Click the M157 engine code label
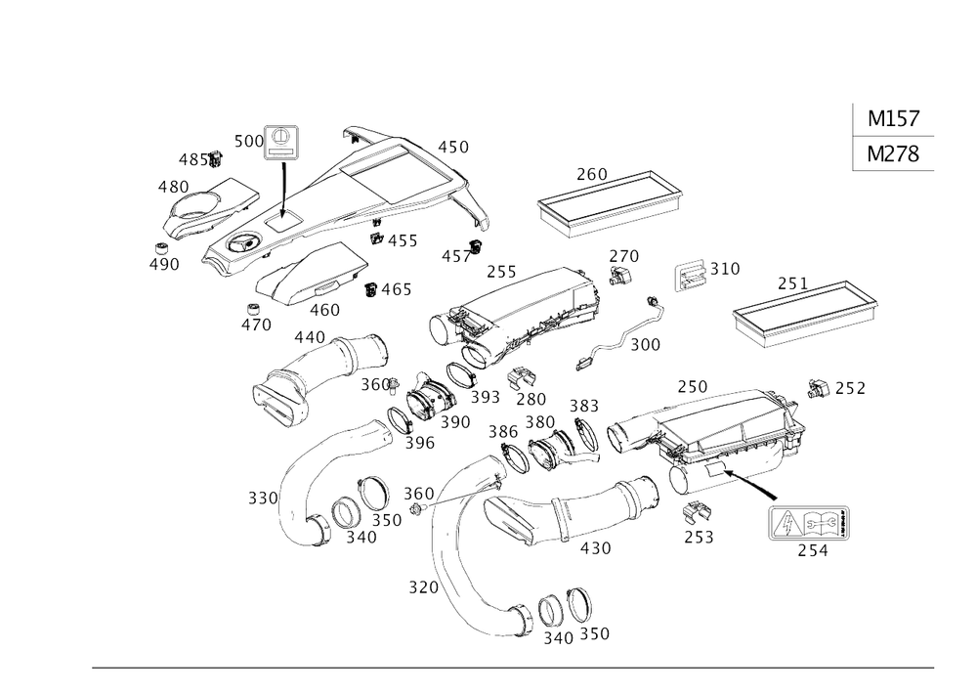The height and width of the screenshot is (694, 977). (x=893, y=119)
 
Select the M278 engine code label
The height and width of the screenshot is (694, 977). (x=893, y=154)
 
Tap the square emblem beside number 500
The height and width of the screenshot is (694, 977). (x=281, y=140)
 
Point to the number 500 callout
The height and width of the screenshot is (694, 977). (x=250, y=142)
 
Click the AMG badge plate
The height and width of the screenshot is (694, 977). (x=809, y=524)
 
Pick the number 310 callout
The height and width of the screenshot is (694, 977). (x=725, y=267)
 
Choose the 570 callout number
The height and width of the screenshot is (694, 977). (x=422, y=586)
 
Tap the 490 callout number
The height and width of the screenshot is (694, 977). (x=167, y=265)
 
